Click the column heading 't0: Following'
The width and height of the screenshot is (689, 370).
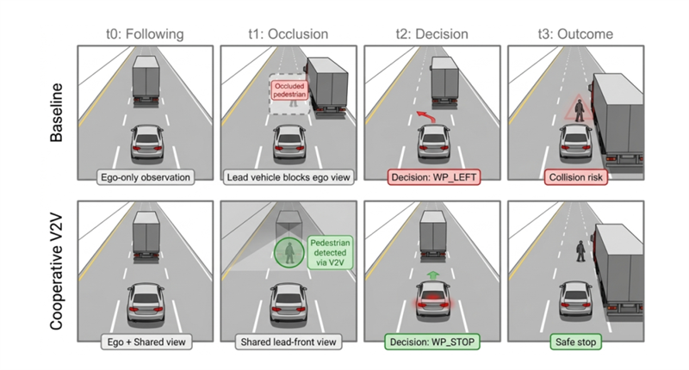pos(145,34)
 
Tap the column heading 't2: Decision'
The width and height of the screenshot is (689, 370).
pos(432,34)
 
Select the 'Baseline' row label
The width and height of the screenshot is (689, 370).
pos(56,113)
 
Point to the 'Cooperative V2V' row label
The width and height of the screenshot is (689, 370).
pos(56,272)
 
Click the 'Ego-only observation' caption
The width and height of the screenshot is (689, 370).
pos(146,177)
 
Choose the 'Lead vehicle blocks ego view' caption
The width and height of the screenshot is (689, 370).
pos(289,177)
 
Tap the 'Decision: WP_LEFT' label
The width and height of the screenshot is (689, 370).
pos(434,177)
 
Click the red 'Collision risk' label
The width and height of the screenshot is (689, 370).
pos(576,177)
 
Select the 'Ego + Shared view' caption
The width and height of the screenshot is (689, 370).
pos(146,342)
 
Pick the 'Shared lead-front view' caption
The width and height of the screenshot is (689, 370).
pos(289,342)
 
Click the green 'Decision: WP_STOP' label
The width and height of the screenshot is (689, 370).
pos(432,342)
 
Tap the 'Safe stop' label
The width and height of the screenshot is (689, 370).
pos(575,342)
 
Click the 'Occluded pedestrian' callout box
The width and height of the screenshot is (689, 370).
pos(289,90)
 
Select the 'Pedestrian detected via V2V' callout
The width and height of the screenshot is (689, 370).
pos(330,252)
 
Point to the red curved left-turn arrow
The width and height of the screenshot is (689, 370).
pos(424,117)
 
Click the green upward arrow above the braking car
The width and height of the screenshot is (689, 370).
pos(433,275)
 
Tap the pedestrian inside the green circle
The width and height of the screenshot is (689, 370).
pos(289,253)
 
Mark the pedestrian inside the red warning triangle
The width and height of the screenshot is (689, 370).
pos(580,110)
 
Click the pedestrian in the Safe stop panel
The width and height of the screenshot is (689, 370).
pos(580,250)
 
